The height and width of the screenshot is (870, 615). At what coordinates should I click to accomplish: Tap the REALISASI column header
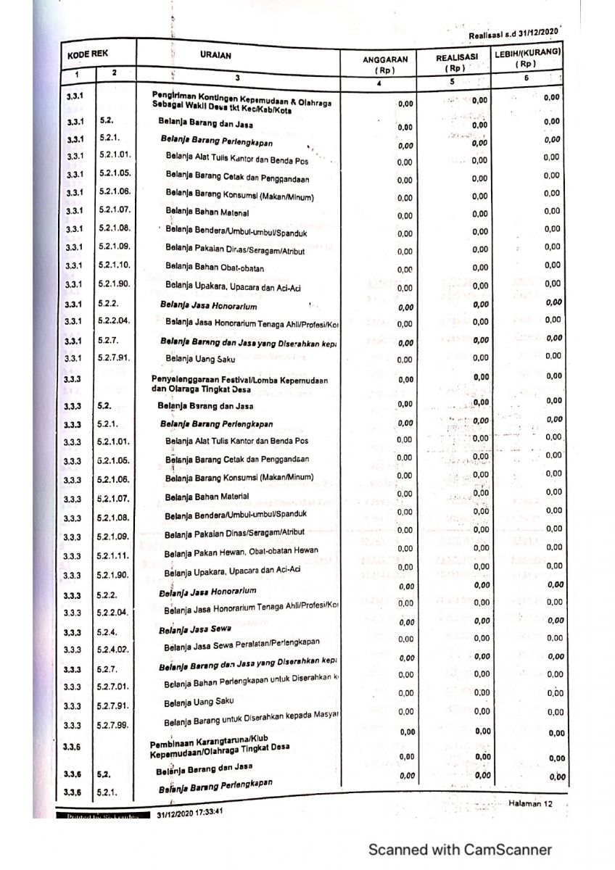pos(456,57)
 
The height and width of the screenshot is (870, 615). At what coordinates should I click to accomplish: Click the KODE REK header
pos(88,54)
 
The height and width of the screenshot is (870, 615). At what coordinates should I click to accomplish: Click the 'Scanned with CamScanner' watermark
pos(460,850)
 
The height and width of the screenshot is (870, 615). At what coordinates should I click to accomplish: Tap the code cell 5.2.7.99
pos(112,725)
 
